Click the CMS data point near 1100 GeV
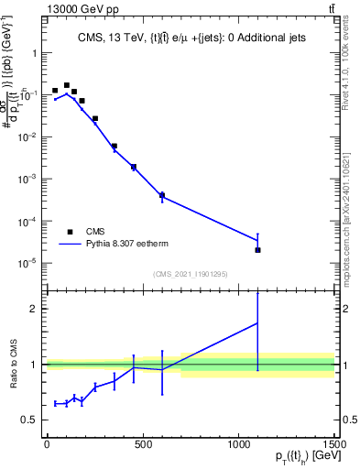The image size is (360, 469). [257, 250]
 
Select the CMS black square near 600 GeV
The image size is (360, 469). [162, 195]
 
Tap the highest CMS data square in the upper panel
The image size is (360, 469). [66, 85]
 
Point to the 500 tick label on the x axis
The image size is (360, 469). [142, 446]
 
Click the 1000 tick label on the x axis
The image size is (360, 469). [238, 446]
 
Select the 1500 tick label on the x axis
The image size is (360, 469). [333, 446]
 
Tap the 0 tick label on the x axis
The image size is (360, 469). [47, 446]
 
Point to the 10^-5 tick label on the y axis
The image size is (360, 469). [27, 263]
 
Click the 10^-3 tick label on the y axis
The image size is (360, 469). [27, 179]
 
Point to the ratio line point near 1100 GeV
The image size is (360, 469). [257, 322]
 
